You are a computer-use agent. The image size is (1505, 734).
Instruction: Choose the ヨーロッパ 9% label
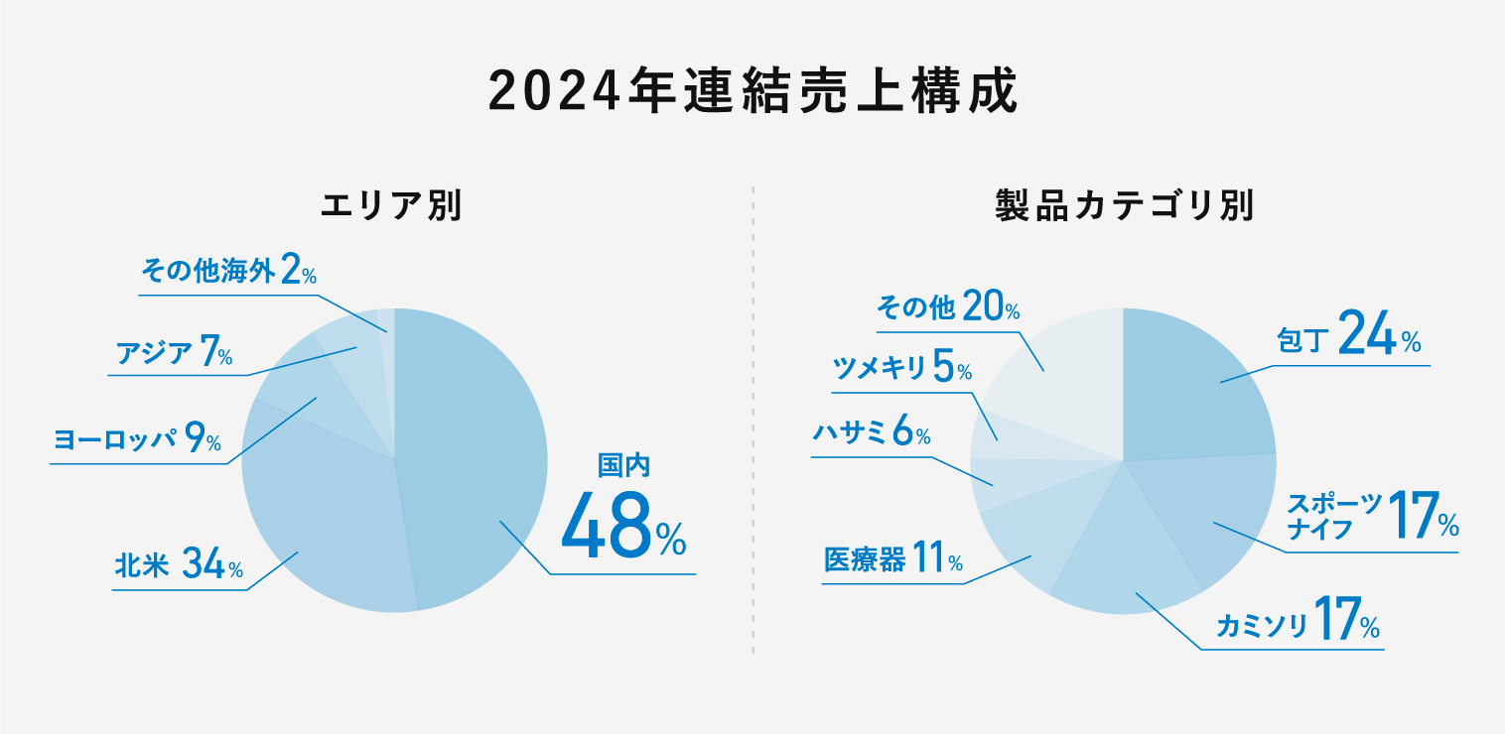pyautogui.click(x=137, y=438)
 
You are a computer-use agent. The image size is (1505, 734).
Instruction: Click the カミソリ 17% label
pyautogui.click(x=1298, y=625)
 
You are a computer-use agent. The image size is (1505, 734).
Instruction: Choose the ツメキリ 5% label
pyautogui.click(x=901, y=370)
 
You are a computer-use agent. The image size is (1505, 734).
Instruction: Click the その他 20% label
pyautogui.click(x=948, y=308)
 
